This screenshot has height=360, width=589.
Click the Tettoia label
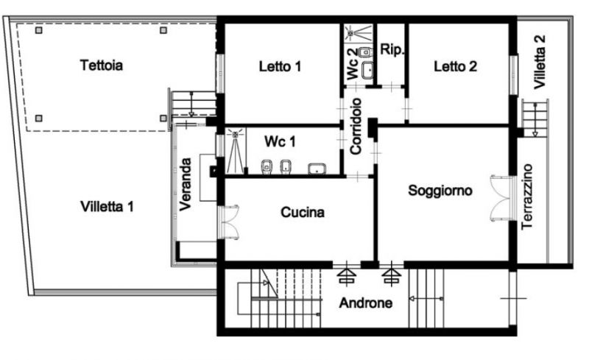point(102,66)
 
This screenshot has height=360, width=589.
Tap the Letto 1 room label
point(280,67)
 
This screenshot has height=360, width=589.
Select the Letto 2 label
point(455,67)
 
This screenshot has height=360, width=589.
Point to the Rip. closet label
point(392,49)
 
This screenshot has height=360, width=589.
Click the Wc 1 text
point(280,141)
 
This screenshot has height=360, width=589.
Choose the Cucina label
point(303,212)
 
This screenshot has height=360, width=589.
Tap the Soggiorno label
point(440,191)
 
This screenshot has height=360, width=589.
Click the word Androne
point(365,303)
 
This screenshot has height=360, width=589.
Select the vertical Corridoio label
point(356,127)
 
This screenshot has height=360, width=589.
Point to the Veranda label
point(186,184)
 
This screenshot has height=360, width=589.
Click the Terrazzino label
point(527,197)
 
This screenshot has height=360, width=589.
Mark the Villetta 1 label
point(107,207)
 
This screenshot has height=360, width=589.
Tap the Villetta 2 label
point(540,62)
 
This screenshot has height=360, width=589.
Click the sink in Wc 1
point(317,169)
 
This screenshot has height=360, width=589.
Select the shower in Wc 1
point(235,151)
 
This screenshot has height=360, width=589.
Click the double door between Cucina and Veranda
point(229,222)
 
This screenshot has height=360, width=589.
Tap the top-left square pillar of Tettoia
point(39,30)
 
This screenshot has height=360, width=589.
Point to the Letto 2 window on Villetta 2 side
point(513,74)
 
